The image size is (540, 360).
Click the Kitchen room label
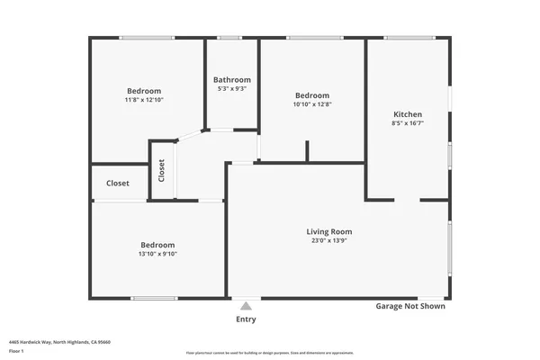[x=408, y=114]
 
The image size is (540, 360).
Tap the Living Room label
[x=329, y=231]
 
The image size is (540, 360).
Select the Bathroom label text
[x=231, y=79]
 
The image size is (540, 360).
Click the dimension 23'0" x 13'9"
[x=329, y=241]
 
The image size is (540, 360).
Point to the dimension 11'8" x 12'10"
[x=144, y=101]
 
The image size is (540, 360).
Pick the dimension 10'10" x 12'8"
[x=312, y=105]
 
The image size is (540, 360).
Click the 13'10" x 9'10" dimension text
[x=157, y=254]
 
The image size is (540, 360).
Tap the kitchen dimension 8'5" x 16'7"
[x=408, y=124]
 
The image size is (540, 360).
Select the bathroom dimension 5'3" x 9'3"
[x=231, y=88]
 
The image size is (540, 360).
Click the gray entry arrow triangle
[x=246, y=306]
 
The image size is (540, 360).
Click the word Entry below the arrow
[x=246, y=319]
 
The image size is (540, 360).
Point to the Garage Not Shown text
[x=410, y=306]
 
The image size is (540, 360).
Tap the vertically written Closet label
[x=162, y=170]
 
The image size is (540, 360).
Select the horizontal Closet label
[x=118, y=183]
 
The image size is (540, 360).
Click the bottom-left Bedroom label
[x=157, y=245]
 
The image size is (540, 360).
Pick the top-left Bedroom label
[x=144, y=91]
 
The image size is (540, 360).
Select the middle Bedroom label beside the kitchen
[x=312, y=95]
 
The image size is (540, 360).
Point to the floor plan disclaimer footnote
[x=270, y=353]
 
